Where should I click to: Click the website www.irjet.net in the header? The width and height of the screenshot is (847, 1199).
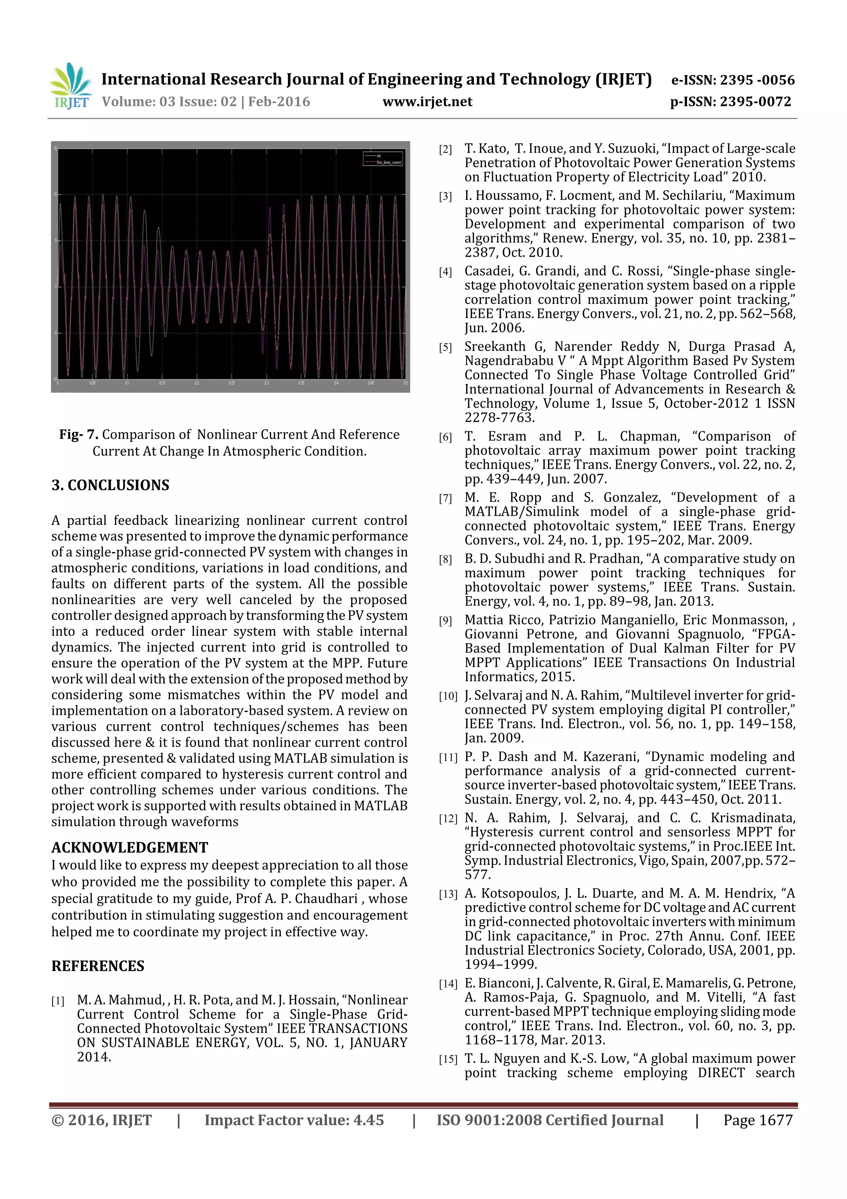pos(427,102)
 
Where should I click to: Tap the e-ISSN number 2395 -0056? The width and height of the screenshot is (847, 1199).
pos(757,80)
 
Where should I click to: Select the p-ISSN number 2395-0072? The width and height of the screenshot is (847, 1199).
pos(755,102)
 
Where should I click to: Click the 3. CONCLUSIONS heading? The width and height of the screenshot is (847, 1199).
pos(110,485)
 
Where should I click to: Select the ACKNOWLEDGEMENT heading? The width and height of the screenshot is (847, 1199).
pos(129,847)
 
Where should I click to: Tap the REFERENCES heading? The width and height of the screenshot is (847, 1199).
pos(98,966)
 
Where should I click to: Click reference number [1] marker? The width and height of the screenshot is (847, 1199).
pos(57,1001)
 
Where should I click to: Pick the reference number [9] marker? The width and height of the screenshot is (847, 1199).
pos(445,621)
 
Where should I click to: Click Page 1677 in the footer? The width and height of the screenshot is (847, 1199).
pos(757,1120)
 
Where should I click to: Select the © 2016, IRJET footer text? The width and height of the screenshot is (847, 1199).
pos(101,1120)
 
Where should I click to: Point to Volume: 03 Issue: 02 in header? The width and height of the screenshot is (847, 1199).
pos(169,102)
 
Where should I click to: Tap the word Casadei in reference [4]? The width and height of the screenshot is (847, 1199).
pos(488,271)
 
